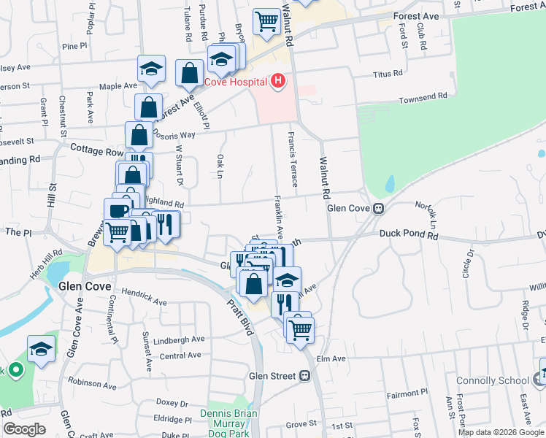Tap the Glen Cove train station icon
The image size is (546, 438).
(x=379, y=208)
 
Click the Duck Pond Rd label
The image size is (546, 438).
(x=408, y=235)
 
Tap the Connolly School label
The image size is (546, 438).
(x=492, y=380)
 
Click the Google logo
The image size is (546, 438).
(x=24, y=429)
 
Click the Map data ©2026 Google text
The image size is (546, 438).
(x=500, y=432)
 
